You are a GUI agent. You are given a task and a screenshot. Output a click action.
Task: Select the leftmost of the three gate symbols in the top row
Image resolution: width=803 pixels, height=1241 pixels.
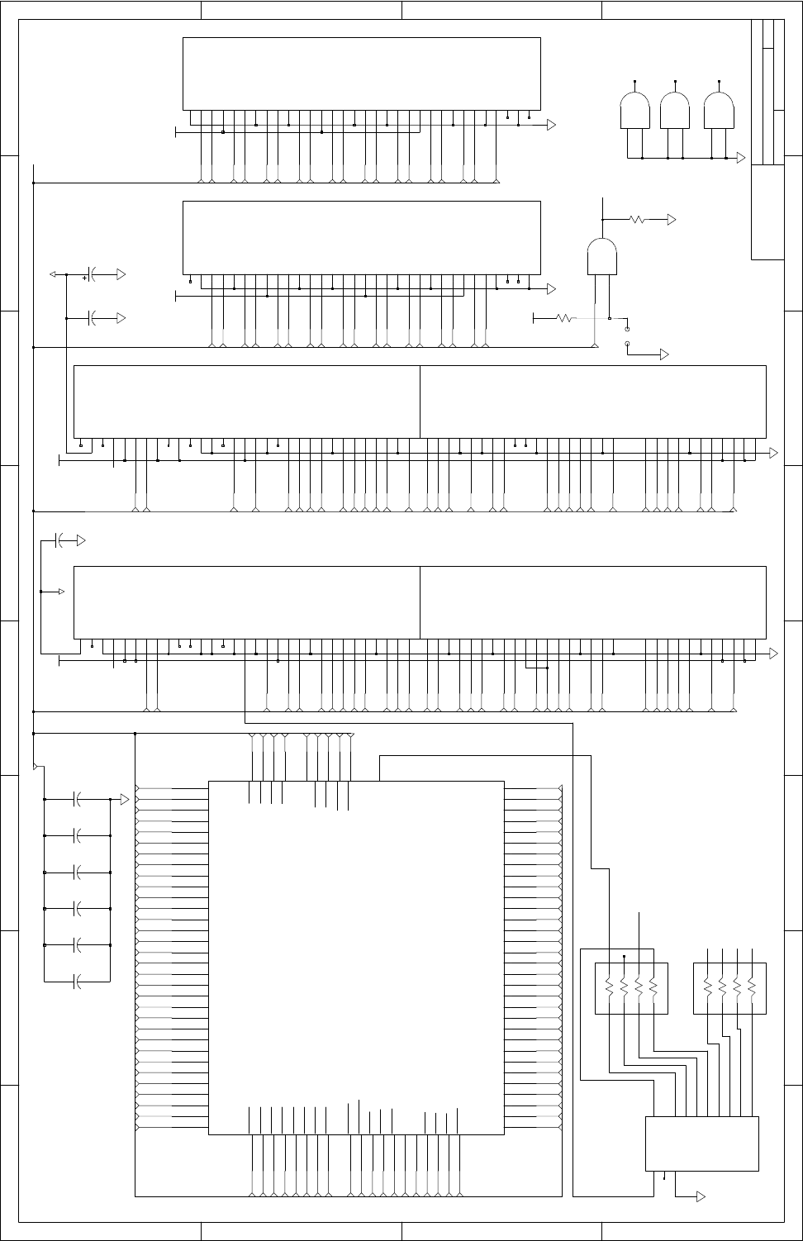coord(634,111)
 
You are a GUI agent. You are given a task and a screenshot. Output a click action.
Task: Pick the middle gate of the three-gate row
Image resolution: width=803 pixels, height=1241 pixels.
coord(676,111)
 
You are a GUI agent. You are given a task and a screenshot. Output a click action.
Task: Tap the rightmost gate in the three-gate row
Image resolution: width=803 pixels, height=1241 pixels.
coord(719,111)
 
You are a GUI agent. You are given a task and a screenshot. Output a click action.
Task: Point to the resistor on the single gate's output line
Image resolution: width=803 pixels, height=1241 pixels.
coord(638,220)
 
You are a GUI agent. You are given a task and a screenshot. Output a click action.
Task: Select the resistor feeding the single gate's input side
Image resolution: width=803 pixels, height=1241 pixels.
coord(566,317)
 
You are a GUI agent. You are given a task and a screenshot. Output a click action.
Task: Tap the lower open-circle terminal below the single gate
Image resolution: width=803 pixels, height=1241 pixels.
coord(627,343)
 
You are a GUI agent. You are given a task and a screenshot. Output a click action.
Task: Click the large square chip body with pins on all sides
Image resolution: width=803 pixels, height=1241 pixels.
coord(356,957)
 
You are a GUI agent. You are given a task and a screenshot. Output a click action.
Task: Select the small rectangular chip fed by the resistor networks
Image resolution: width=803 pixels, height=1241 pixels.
coord(701,1144)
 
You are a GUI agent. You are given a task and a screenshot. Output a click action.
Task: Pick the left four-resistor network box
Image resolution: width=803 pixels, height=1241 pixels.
coord(631,988)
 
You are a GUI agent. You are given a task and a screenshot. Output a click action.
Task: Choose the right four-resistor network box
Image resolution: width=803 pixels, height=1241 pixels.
coord(729,988)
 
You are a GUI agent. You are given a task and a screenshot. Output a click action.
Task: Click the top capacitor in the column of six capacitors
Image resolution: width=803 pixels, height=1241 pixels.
coord(78,799)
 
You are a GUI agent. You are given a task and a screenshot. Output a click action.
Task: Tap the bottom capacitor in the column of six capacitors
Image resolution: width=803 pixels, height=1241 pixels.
coord(78,982)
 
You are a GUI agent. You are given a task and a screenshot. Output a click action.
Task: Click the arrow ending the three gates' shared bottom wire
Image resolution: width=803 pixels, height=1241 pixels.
coord(741,158)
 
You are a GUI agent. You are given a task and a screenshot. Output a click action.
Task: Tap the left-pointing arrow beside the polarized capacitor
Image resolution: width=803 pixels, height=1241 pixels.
coord(55,273)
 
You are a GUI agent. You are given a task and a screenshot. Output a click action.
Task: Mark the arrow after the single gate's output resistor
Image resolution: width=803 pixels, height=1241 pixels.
coord(672,220)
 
